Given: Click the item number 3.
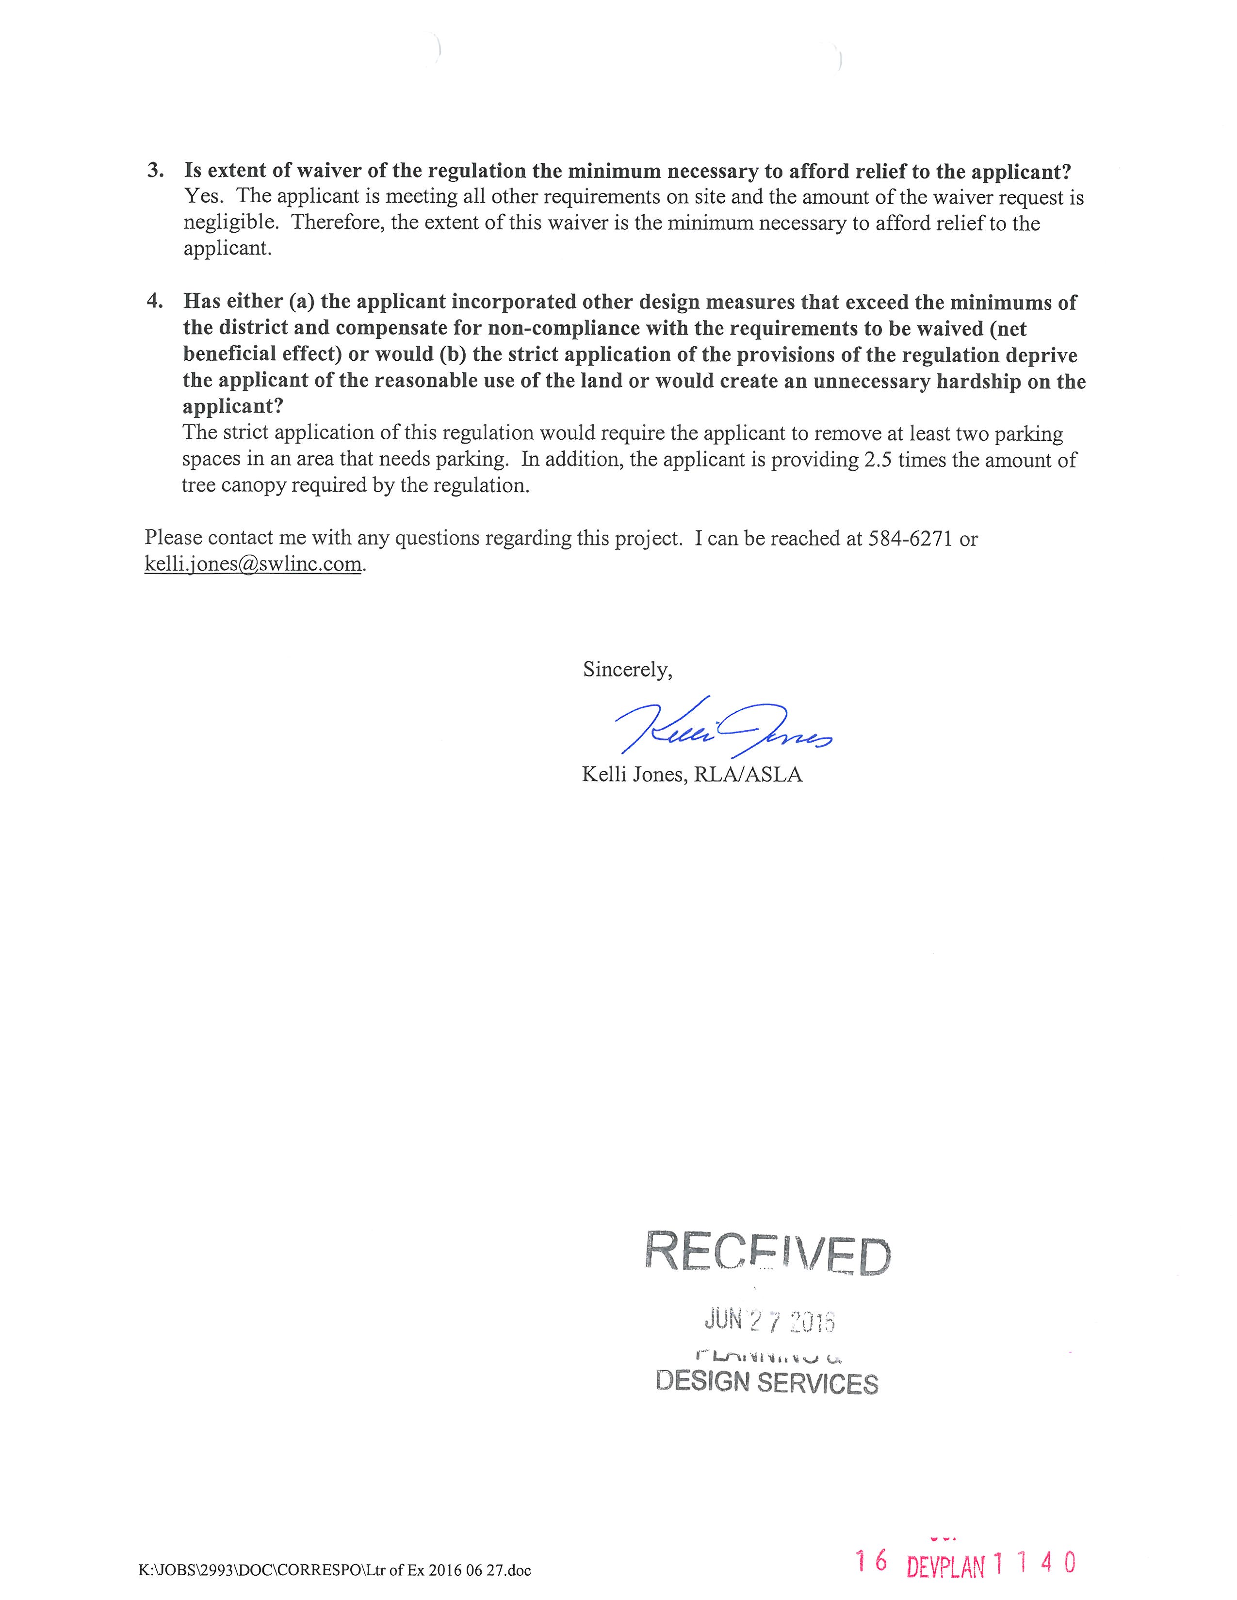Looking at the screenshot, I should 155,171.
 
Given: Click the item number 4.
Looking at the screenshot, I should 155,301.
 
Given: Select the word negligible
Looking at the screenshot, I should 230,223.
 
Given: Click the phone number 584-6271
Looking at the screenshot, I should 910,539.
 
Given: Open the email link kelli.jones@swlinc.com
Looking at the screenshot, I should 253,564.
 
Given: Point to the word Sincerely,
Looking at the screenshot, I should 627,670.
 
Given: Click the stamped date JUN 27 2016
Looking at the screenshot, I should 769,1321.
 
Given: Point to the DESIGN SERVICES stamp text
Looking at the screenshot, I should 766,1382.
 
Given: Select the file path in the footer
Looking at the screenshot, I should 334,1570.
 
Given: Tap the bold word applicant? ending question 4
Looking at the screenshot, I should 232,407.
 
